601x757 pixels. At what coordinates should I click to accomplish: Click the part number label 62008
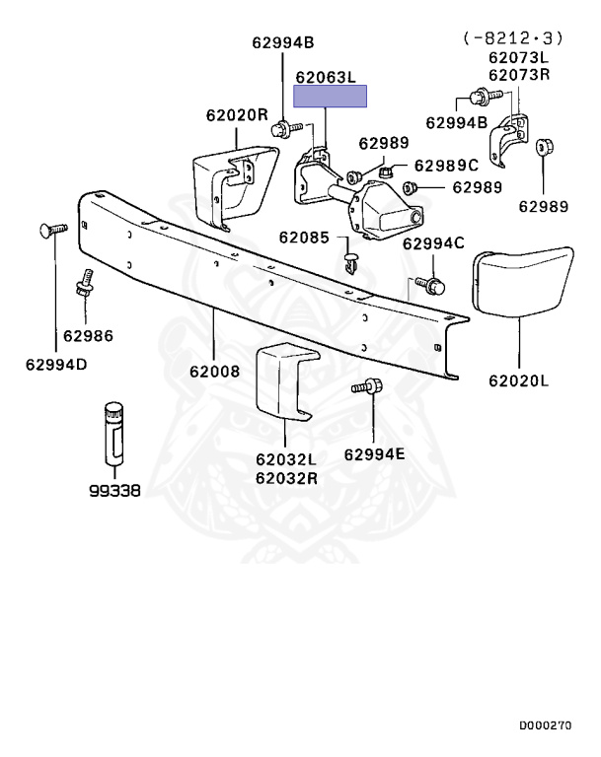[x=215, y=372]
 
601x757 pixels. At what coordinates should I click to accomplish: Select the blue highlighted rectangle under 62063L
[x=331, y=96]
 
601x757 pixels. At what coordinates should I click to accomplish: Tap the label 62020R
[x=237, y=115]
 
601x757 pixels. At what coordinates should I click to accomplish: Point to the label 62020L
[x=519, y=380]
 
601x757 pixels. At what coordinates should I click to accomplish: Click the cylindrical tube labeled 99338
[x=114, y=433]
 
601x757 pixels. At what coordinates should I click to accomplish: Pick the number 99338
[x=114, y=491]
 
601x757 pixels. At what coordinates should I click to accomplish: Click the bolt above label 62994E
[x=367, y=386]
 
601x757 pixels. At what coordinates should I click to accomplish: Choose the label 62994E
[x=375, y=454]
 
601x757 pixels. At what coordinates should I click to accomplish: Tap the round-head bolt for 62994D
[x=53, y=230]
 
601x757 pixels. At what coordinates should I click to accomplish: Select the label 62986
[x=88, y=335]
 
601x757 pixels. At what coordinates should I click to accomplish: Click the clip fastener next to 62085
[x=350, y=262]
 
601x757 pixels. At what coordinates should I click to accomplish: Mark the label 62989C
[x=446, y=166]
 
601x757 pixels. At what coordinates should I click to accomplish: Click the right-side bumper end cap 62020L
[x=521, y=282]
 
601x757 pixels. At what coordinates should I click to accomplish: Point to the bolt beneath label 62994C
[x=430, y=285]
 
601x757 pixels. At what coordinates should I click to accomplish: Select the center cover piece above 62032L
[x=286, y=380]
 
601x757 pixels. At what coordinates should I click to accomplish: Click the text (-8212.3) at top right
[x=513, y=37]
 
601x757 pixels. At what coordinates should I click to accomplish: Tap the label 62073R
[x=519, y=75]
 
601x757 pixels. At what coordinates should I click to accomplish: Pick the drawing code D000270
[x=546, y=725]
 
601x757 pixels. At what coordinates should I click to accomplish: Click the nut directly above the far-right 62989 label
[x=545, y=147]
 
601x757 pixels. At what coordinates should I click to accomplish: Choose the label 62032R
[x=287, y=478]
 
